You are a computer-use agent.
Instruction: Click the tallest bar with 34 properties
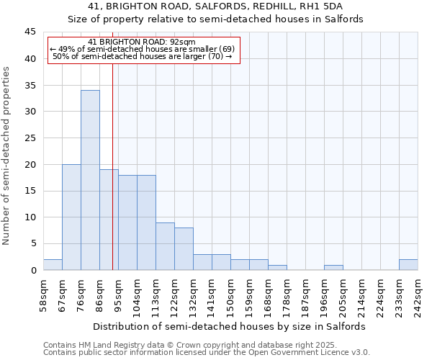(x=90, y=180)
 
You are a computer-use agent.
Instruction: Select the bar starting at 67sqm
(x=71, y=217)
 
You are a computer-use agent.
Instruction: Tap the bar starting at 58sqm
(x=53, y=264)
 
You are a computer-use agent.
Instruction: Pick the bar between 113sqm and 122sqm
(x=165, y=246)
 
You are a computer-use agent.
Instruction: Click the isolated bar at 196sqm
(x=333, y=267)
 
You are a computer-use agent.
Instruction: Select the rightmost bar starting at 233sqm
(x=408, y=264)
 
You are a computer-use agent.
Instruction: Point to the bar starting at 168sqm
(x=277, y=267)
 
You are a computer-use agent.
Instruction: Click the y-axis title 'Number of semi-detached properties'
(x=8, y=156)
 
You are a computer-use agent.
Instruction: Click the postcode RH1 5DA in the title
(x=323, y=6)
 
